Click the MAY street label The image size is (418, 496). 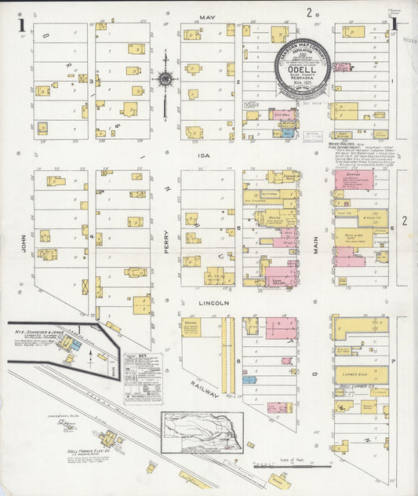point(207,16)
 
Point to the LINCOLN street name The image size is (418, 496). point(213,302)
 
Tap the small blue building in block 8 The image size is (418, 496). point(249,379)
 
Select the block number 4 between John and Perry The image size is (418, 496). point(92,236)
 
